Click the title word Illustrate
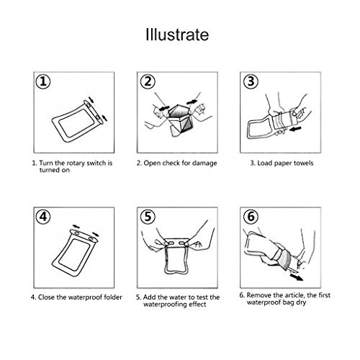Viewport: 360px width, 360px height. coord(177,35)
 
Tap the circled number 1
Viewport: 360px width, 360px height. coord(43,81)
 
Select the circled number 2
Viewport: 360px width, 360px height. coord(148,81)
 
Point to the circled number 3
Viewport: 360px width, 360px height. coord(251,81)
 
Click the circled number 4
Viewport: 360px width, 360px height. coord(43,217)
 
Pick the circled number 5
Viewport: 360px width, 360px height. coord(148,217)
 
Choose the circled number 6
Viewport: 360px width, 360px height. coord(251,217)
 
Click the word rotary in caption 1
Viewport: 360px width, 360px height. coord(76,163)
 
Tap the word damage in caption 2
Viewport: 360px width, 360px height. coord(204,163)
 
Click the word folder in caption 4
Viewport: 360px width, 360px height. coord(113,297)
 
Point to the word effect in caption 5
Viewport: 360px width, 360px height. coord(197,305)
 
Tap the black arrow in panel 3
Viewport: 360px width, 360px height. coord(295,129)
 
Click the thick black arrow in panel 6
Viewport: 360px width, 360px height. coord(297,277)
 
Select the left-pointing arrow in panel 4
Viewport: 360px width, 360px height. coord(76,226)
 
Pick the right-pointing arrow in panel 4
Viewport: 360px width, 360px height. coord(95,234)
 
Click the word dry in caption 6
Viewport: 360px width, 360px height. coord(301,302)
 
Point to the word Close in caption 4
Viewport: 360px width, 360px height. coord(46,297)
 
